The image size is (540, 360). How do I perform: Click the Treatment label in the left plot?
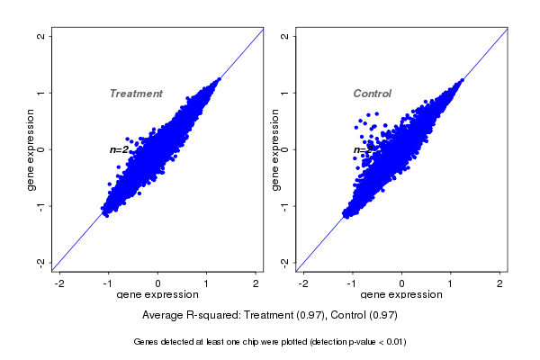coord(136,94)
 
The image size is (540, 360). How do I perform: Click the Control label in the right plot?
coord(372,94)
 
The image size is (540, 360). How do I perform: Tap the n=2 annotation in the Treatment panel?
coord(119,149)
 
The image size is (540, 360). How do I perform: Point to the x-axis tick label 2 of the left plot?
coord(256,283)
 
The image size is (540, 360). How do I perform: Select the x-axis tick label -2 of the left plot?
coord(59,283)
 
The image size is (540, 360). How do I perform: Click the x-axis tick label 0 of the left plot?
coord(158,283)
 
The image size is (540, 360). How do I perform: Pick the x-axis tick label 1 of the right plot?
coord(450,283)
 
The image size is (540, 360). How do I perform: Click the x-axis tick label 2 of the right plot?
coord(499,283)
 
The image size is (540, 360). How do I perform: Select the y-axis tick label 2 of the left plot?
coord(41,36)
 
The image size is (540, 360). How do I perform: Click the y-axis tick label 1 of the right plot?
coord(285,93)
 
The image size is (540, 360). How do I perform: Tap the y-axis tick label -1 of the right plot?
coord(285,205)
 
